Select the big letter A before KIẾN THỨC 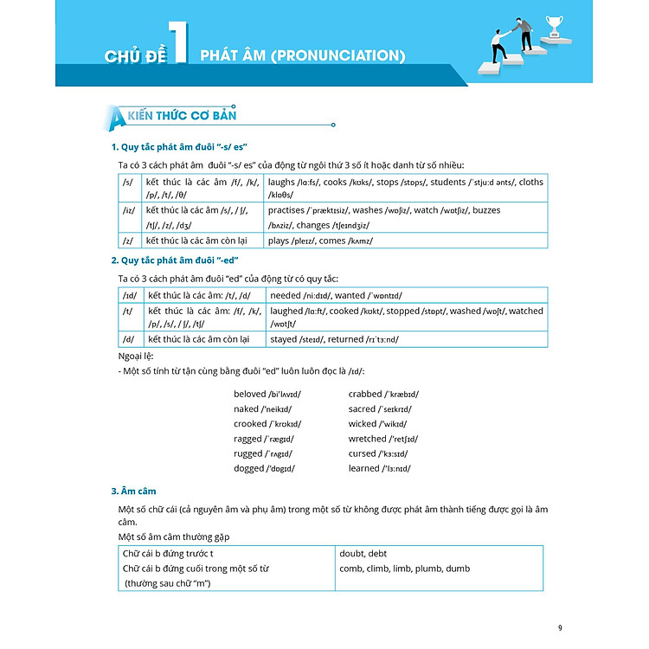click(110, 116)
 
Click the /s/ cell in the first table click(127, 183)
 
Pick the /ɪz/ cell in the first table click(128, 210)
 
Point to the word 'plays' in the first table click(280, 241)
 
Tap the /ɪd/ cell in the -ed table click(129, 295)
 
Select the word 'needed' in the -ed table click(286, 295)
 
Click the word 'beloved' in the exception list click(250, 395)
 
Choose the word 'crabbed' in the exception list click(366, 395)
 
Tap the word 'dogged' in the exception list click(249, 468)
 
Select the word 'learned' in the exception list click(364, 468)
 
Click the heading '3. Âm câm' click(134, 492)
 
